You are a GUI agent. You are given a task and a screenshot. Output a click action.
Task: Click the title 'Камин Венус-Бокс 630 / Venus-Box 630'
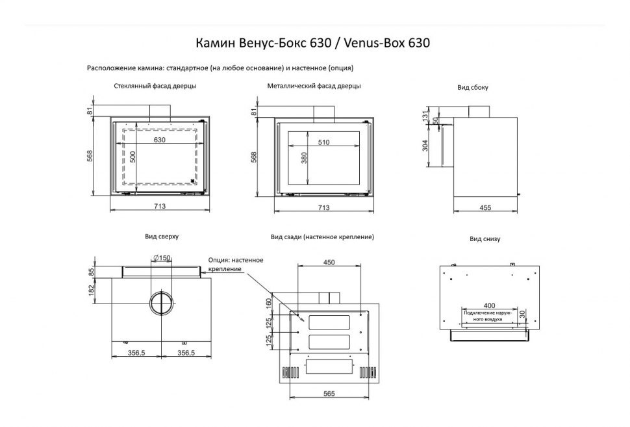(313, 43)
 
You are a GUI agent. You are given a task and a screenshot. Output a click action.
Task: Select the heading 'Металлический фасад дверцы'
(314, 86)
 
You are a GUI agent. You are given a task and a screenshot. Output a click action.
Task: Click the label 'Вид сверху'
(157, 238)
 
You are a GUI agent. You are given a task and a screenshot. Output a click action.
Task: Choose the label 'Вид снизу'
(485, 239)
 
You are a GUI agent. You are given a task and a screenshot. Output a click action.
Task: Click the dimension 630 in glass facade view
(160, 140)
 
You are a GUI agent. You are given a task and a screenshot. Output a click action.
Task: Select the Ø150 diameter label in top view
(161, 259)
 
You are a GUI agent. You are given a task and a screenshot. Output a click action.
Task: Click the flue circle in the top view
(161, 303)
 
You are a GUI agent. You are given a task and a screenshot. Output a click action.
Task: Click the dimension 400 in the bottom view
(488, 306)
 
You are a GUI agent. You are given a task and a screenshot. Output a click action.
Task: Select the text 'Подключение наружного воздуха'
(488, 317)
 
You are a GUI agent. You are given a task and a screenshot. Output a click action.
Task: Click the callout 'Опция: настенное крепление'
(235, 265)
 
